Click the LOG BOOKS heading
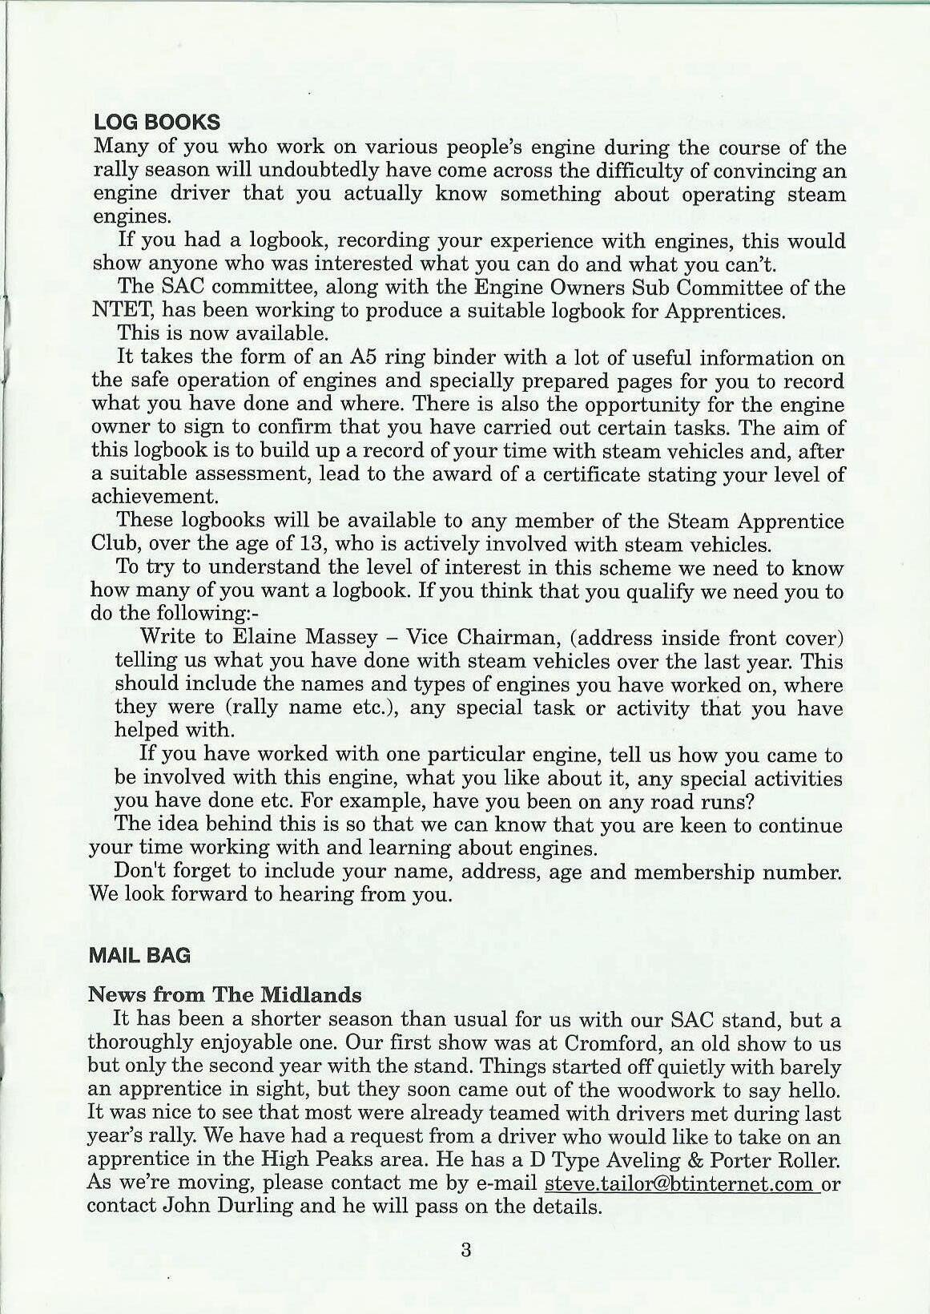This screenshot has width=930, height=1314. click(x=157, y=122)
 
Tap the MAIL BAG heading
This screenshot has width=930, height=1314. click(x=140, y=955)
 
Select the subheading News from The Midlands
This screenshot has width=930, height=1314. click(x=224, y=995)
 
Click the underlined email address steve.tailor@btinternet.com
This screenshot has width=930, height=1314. click(x=678, y=1183)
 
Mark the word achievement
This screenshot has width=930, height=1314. click(x=155, y=497)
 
